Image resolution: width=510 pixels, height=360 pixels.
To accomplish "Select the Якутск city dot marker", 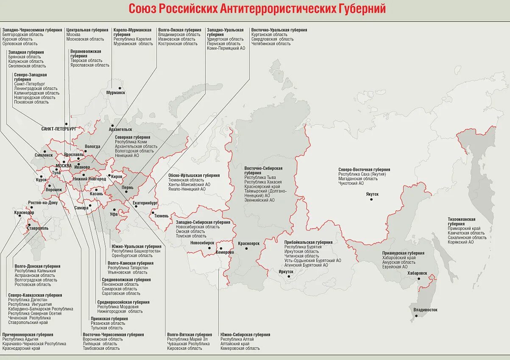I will pos(371,199).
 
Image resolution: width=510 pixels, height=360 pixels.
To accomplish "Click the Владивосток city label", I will pos(425,310).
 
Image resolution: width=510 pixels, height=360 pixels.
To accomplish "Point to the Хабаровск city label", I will pos(417,273).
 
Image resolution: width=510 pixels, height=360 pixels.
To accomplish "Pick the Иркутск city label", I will pos(286,271).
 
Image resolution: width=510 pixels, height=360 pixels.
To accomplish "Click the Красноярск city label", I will pos(248,243).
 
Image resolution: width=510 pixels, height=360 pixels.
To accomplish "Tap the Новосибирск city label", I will pos(202,243).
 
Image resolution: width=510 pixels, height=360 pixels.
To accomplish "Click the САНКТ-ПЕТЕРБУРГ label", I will pos(59,128).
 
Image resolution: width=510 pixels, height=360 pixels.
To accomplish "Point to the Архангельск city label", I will pos(120,129).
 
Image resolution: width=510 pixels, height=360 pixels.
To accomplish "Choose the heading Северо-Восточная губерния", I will pos(364,170).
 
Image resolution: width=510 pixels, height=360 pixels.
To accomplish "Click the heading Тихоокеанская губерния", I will pos(462,221).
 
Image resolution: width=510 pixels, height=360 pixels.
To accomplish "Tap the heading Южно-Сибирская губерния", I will pos(245,335).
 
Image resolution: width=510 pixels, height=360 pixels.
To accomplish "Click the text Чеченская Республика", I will pos(29,318).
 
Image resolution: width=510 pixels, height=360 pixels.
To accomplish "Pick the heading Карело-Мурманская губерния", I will pos(132,32).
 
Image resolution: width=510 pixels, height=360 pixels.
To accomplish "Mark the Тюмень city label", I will pos(161,216).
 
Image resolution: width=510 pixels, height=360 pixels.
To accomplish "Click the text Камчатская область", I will pos(466,233).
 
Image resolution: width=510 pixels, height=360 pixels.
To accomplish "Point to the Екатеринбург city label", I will pos(145,203).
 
